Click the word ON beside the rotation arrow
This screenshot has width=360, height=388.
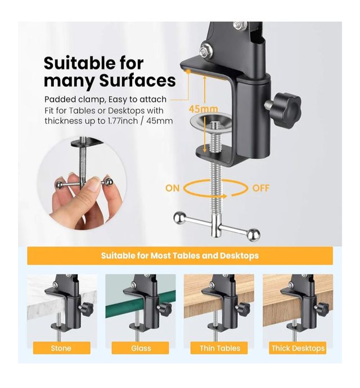click(x=172, y=188)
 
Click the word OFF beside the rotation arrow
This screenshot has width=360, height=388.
click(x=260, y=188)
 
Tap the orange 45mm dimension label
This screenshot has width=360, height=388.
click(x=204, y=109)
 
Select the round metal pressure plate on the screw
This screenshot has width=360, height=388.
click(x=211, y=121)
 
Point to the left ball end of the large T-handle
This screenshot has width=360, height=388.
click(x=179, y=217)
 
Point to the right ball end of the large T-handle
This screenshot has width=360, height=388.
click(x=254, y=235)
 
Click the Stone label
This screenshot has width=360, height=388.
click(x=61, y=348)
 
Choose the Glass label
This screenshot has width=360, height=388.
click(x=141, y=348)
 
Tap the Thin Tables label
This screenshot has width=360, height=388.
click(x=220, y=348)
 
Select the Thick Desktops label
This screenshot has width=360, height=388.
click(x=298, y=348)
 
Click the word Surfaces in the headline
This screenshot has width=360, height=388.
click(x=137, y=81)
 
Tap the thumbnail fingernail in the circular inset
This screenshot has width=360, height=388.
click(x=94, y=185)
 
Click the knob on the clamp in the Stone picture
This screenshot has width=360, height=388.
click(x=86, y=308)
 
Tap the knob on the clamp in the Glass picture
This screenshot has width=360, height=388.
click(x=165, y=308)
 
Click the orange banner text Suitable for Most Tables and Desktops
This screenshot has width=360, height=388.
click(x=180, y=255)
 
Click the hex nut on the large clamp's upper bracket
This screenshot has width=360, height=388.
click(x=205, y=51)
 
